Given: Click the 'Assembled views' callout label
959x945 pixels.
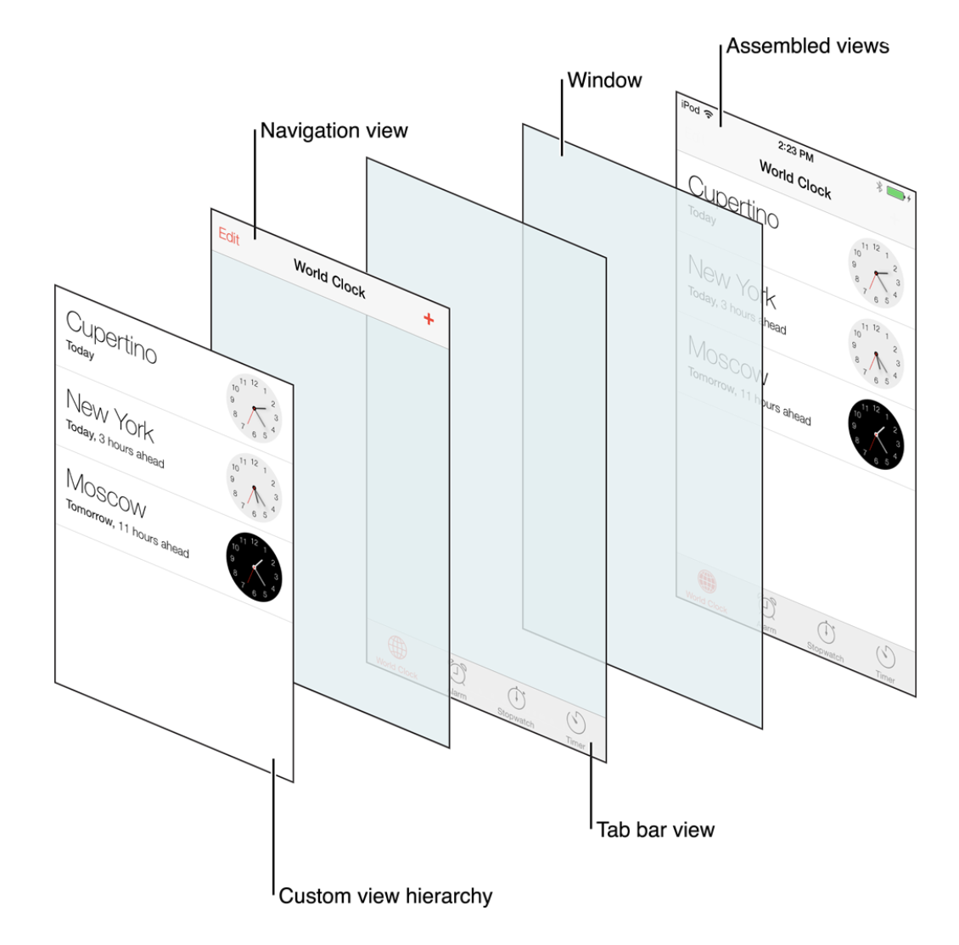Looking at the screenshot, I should click(x=807, y=47).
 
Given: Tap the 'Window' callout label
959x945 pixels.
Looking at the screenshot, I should click(x=604, y=81).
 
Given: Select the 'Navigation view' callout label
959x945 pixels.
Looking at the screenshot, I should click(x=334, y=131).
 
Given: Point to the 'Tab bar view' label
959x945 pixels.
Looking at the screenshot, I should click(x=655, y=830).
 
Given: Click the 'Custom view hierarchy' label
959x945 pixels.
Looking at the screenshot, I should click(x=385, y=896).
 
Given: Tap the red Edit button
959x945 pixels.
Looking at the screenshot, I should click(x=229, y=237).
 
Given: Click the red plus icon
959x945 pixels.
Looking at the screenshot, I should click(x=429, y=319).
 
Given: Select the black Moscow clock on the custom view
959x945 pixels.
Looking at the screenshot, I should click(x=254, y=567).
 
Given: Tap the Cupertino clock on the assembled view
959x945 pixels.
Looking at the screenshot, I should click(x=876, y=272).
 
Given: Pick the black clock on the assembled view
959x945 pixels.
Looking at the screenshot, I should click(x=876, y=435).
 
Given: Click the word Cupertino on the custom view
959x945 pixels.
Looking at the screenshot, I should click(x=111, y=337).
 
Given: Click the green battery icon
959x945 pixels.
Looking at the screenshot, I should click(x=895, y=193).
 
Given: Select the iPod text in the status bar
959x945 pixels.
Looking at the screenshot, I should click(x=690, y=108).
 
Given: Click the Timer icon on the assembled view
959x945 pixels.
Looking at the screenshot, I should click(x=886, y=657).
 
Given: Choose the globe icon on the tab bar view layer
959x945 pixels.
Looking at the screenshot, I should click(x=397, y=649).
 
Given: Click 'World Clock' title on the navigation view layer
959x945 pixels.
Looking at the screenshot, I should click(x=329, y=278).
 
